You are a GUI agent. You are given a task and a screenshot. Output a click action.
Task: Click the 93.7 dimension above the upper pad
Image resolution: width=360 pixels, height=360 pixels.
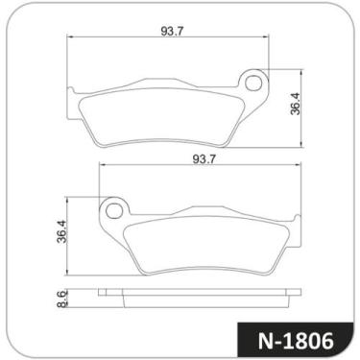[173, 31]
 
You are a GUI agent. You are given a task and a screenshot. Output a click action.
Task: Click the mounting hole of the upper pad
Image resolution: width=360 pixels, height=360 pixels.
[254, 83]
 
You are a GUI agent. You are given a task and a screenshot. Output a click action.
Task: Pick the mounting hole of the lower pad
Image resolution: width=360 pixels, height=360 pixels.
[113, 207]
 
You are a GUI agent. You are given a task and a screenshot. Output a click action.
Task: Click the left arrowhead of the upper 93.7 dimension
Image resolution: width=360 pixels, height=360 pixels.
[72, 38]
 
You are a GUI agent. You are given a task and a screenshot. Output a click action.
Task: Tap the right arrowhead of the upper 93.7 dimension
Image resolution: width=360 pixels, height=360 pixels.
[268, 38]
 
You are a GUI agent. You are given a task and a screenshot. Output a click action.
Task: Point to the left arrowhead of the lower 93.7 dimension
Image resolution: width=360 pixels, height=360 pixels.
[102, 165]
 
